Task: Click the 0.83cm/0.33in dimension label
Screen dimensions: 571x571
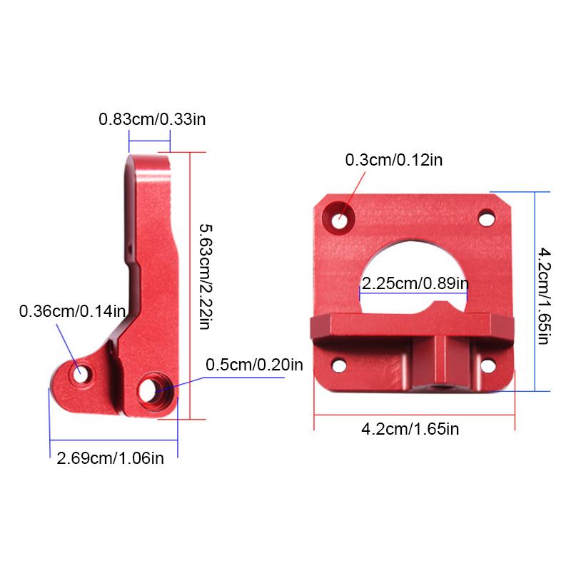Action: pyautogui.click(x=152, y=119)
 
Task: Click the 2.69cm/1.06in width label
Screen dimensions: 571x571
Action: pyautogui.click(x=110, y=458)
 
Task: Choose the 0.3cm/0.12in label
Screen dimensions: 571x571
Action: pyautogui.click(x=393, y=160)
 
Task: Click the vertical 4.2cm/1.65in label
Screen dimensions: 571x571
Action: pyautogui.click(x=544, y=295)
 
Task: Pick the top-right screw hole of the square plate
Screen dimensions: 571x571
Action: pyautogui.click(x=487, y=217)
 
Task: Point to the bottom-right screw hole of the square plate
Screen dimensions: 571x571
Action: pyautogui.click(x=487, y=365)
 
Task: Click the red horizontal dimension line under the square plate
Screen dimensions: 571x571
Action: pyautogui.click(x=414, y=412)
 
